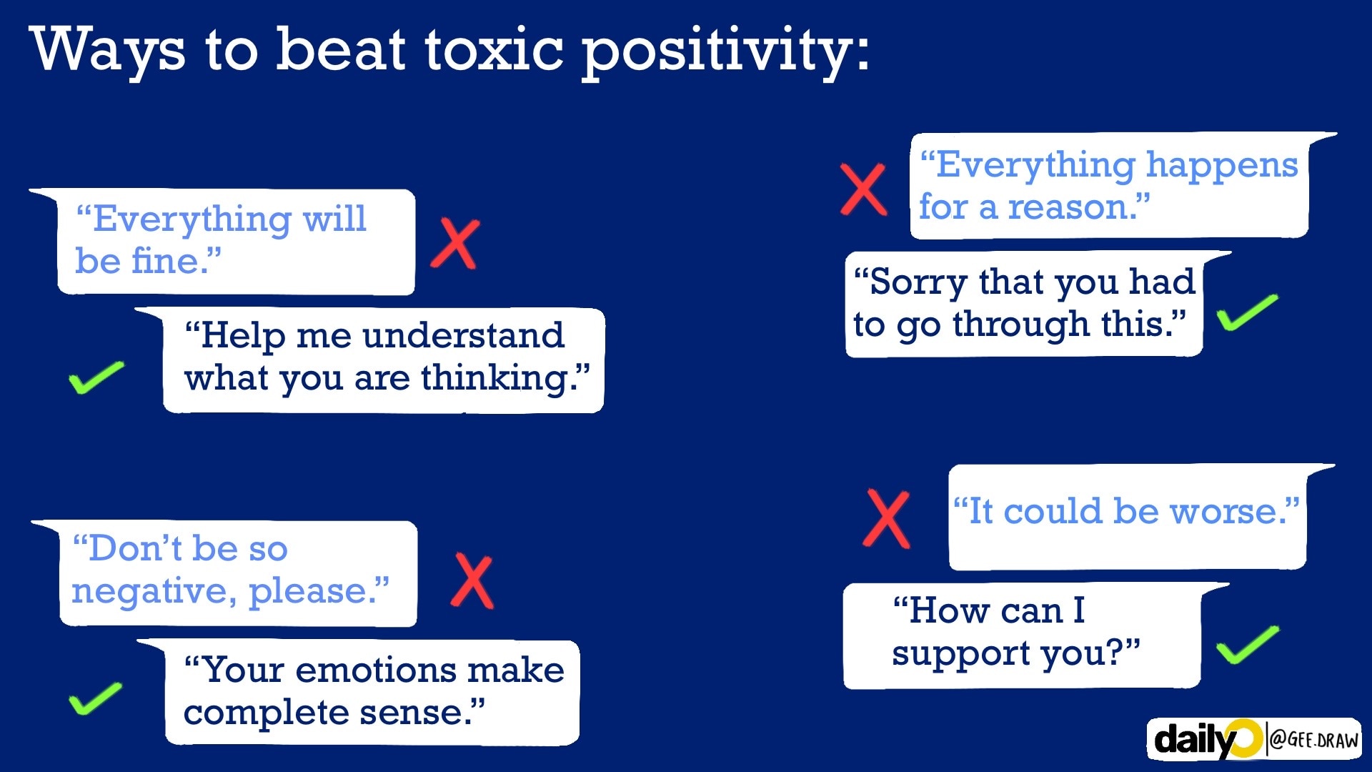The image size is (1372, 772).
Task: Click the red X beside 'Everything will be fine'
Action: (x=455, y=244)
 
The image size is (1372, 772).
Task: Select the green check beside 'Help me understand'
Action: (x=96, y=377)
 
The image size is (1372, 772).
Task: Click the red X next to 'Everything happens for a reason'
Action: (x=863, y=189)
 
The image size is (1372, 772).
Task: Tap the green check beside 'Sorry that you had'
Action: (x=1247, y=312)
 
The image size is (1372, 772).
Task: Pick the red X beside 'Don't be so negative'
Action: (x=472, y=581)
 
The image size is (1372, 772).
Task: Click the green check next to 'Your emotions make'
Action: (x=95, y=698)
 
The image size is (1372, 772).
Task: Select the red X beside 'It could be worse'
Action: (x=886, y=519)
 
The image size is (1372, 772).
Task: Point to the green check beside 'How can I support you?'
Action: (x=1247, y=644)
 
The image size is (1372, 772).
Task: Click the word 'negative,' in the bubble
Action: (x=154, y=592)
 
